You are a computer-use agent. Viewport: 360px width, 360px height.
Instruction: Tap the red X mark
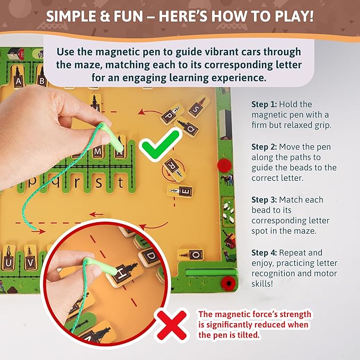172,325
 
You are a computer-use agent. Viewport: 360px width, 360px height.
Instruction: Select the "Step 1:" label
264,104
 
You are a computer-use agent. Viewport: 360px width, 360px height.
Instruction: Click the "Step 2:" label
264,147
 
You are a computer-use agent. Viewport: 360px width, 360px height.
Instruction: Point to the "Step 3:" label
264,200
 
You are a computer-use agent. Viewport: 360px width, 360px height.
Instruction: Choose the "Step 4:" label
264,252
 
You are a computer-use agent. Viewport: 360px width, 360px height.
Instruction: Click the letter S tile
199,106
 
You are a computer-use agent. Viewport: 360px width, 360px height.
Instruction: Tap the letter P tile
172,114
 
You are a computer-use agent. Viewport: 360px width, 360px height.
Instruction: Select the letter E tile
180,191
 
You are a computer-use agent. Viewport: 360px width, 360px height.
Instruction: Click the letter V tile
31,258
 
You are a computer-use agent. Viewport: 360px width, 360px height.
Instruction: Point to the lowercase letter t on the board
120,183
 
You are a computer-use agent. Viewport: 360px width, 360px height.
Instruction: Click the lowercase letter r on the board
77,183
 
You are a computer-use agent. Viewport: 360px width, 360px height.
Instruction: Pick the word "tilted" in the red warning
248,335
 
